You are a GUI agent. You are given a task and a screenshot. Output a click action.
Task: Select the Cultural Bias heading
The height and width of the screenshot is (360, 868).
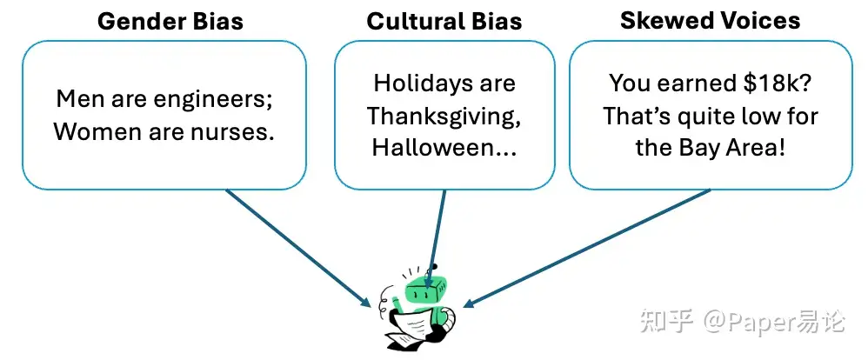[x=444, y=21]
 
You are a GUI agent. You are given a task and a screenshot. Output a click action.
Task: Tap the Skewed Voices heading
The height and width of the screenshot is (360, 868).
[x=710, y=20]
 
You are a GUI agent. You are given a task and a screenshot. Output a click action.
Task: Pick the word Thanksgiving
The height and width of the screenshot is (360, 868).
[x=444, y=115]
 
